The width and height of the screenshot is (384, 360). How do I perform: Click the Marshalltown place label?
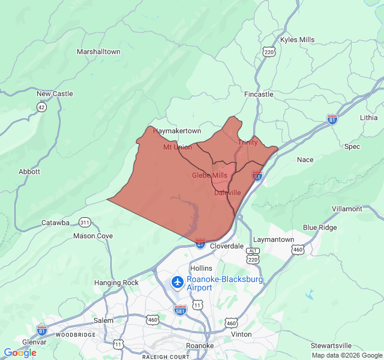pos(98,52)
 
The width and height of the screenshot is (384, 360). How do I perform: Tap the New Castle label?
pos(55,94)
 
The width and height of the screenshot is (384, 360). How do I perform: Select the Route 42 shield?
pos(41,107)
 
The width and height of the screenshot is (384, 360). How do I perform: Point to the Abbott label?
pos(29,171)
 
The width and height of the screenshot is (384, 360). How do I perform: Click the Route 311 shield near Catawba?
pos(85,223)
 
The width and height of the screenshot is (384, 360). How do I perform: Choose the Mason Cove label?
pos(93,236)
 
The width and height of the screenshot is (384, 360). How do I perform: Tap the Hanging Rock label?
pos(116,283)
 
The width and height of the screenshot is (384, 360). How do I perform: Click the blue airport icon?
pos(178,281)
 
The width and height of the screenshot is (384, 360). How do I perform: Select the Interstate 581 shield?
pos(180,310)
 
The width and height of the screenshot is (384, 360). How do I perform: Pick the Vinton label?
pos(241,334)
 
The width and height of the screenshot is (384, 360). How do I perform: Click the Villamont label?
pos(347,209)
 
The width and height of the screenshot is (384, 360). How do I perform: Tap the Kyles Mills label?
pos(297,40)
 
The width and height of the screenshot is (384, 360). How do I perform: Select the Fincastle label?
pos(259,94)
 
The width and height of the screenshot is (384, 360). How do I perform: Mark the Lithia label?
pos(369,117)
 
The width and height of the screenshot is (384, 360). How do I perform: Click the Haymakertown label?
pos(177,131)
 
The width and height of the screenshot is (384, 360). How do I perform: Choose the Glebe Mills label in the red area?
pos(209,175)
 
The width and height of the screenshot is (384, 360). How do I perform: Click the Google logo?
pos(20,353)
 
